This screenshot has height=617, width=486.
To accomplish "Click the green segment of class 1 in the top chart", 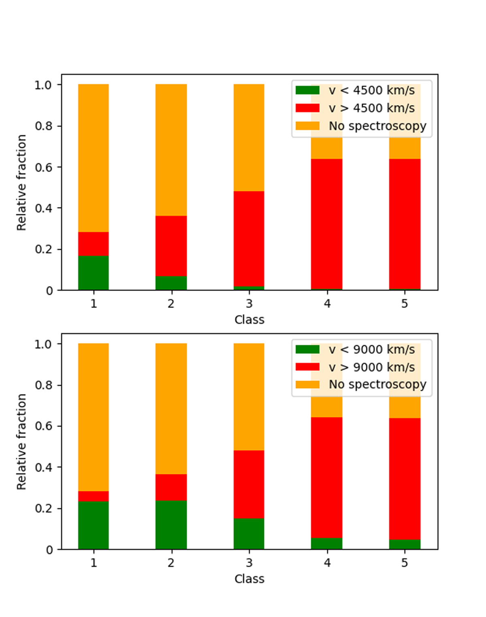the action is click(94, 273).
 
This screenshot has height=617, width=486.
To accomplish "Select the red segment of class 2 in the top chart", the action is click(171, 246).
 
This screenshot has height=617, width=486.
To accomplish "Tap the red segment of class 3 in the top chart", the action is click(249, 239).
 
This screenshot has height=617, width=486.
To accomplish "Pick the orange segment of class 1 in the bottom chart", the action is click(94, 417).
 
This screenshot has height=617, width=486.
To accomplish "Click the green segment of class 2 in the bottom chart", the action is click(171, 525).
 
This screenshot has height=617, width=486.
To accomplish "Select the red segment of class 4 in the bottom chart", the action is click(326, 477).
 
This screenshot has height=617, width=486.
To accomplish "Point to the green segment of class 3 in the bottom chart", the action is click(249, 534).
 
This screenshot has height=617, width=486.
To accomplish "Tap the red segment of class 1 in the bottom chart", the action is click(94, 496).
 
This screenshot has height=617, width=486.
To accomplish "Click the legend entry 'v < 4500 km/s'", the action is click(355, 90).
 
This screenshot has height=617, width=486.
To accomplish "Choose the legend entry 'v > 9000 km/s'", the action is click(355, 367).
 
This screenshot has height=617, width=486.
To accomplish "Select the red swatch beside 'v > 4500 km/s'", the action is click(307, 108).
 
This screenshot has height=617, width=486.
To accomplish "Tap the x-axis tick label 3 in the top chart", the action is click(249, 303).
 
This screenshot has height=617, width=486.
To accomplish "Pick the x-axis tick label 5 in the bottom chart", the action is click(405, 563).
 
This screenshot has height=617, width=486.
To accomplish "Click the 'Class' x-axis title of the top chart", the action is click(249, 320).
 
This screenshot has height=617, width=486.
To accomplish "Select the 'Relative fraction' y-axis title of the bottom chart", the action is click(21, 442).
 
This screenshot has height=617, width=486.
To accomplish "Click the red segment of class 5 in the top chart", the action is click(405, 224).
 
